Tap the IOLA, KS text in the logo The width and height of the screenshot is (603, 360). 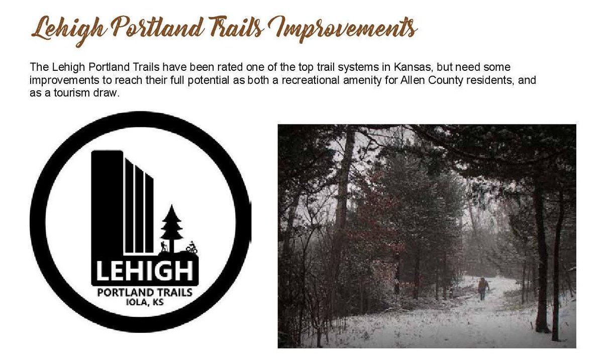(x=144, y=303)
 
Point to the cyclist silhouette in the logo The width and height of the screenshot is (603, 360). (x=191, y=248)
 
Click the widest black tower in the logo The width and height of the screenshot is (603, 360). (x=107, y=206)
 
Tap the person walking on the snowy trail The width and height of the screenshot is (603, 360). (x=483, y=288)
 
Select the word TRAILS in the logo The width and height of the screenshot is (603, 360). (x=173, y=292)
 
